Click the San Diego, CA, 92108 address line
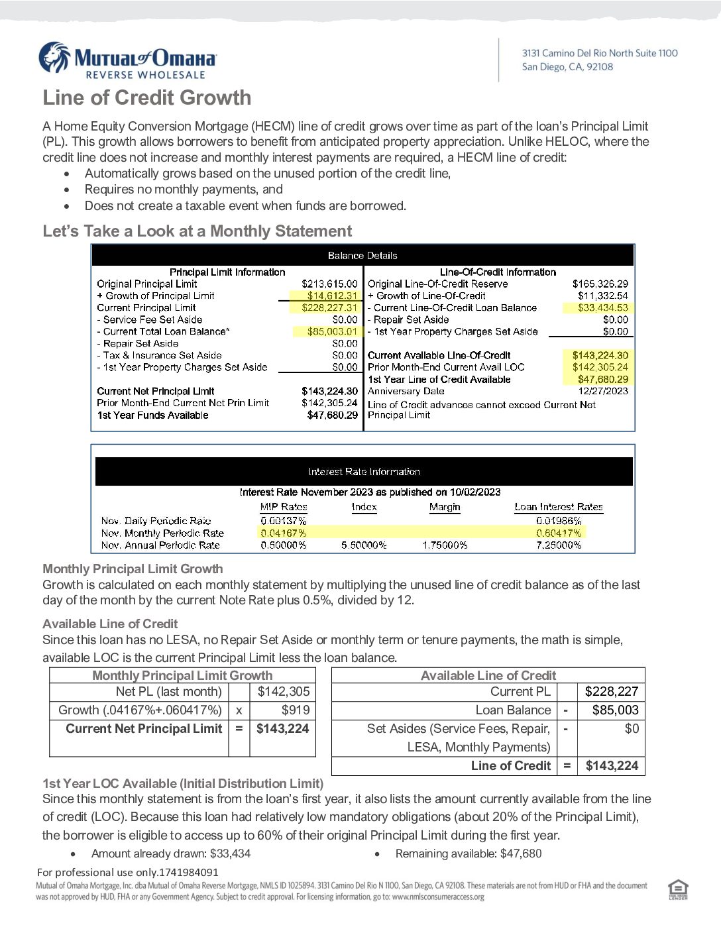567,67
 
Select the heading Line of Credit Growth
147,98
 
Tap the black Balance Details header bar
362,255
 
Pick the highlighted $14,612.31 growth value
332,296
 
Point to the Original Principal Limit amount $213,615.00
329,284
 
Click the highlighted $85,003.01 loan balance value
332,331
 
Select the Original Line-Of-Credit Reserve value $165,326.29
600,284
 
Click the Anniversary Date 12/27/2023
602,391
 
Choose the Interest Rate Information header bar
364,472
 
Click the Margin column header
444,507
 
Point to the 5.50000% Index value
364,545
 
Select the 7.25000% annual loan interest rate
559,545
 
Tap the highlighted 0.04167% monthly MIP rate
284,533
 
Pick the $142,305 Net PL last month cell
283,692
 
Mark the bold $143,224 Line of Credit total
612,766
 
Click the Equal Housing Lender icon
678,890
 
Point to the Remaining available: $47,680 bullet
468,853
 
